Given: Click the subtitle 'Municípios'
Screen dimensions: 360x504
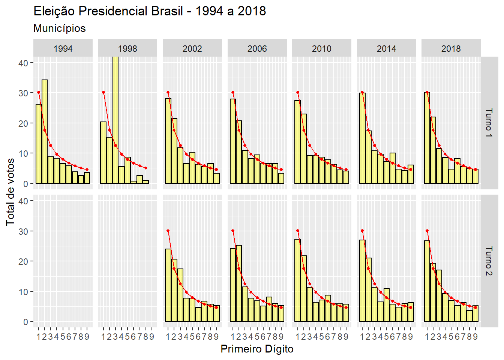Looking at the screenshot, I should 59,28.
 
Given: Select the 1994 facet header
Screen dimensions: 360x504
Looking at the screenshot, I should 63,48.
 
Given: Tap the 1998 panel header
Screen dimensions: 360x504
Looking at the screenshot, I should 127,48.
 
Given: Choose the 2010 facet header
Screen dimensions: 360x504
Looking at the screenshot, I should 322,48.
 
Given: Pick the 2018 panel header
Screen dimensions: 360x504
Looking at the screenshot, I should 451,48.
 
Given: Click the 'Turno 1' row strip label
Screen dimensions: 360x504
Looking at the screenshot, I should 489,123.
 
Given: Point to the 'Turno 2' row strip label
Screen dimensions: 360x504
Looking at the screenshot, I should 489,261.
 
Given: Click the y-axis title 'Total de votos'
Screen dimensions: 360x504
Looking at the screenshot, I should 10,192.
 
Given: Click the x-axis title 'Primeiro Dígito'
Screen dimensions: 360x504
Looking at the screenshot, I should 257,349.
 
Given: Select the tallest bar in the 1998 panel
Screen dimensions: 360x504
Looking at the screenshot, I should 115,120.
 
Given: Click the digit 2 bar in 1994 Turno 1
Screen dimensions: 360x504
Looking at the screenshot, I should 45,131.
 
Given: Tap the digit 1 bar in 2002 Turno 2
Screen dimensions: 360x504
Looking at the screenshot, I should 168,285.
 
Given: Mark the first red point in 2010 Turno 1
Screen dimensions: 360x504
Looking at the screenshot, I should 298,92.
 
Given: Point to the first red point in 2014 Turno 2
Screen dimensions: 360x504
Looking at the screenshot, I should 362,231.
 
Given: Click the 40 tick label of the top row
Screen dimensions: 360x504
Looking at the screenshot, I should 23,63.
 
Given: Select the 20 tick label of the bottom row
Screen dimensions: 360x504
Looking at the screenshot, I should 23,261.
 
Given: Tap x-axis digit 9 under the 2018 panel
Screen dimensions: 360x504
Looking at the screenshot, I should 475,336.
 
